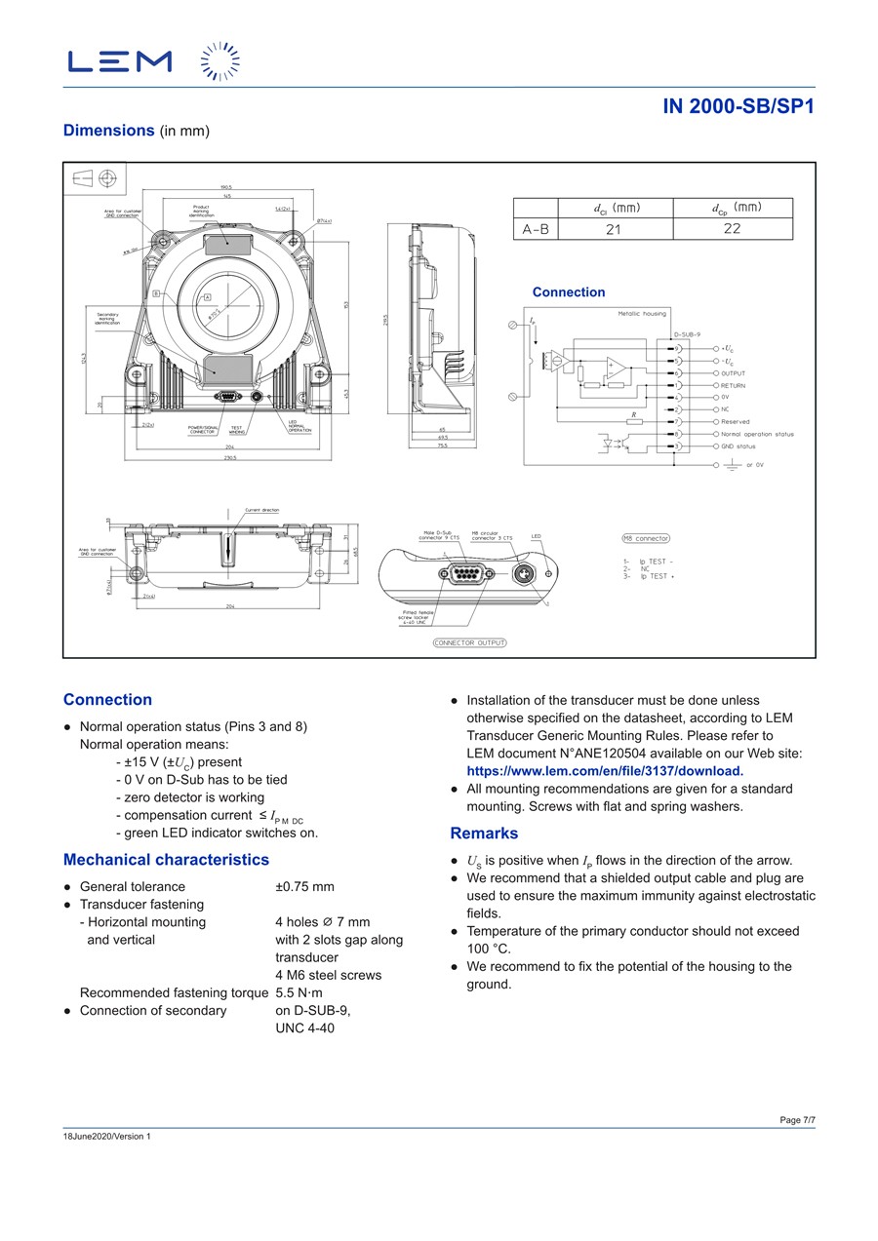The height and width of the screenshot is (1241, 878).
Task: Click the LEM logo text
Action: tap(119, 61)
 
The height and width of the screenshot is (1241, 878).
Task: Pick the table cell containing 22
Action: tap(732, 229)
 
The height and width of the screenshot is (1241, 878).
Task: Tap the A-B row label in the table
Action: tap(536, 229)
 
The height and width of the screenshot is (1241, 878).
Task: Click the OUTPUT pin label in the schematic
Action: tap(734, 373)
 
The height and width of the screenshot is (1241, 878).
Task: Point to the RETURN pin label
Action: tap(734, 385)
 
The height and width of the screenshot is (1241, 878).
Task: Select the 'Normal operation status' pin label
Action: tap(757, 434)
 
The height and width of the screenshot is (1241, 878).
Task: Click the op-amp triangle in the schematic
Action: tap(616, 367)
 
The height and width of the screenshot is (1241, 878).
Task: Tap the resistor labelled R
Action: tap(634, 421)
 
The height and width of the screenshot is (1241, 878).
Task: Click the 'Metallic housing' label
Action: tap(642, 313)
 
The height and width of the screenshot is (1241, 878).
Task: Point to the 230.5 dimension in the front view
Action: tap(230, 456)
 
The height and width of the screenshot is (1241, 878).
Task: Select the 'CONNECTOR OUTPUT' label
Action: tap(470, 642)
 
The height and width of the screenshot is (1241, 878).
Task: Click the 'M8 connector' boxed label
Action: tap(646, 538)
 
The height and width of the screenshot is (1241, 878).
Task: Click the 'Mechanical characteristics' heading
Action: tap(166, 860)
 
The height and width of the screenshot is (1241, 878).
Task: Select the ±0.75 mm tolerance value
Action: tap(304, 887)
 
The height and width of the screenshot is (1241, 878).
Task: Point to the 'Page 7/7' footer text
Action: tap(797, 1120)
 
